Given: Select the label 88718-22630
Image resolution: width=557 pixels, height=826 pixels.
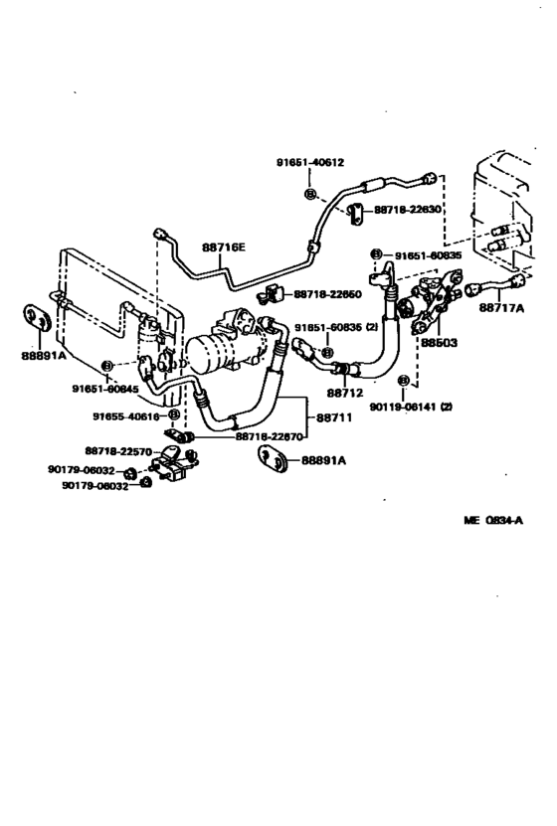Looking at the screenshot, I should click(x=408, y=210).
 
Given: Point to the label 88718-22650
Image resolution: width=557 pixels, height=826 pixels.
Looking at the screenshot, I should click(x=327, y=294).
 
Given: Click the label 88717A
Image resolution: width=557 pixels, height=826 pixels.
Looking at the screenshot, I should click(x=502, y=308).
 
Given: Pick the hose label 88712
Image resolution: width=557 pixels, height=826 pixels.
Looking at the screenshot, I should click(x=349, y=392).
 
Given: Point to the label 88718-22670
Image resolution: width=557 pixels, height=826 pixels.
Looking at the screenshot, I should click(x=270, y=435).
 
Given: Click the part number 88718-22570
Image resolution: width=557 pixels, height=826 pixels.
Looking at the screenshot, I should click(x=118, y=450).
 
